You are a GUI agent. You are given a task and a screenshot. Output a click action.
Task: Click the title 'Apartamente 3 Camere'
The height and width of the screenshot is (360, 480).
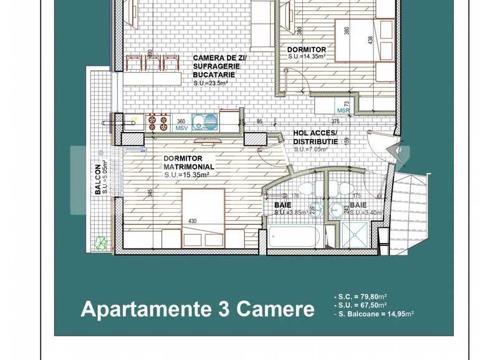coord(197,309)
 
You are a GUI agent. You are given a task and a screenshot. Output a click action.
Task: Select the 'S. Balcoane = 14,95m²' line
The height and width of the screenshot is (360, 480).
coord(374,314)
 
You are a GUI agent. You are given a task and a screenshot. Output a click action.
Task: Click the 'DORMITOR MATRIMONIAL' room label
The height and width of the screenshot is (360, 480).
coord(189,163)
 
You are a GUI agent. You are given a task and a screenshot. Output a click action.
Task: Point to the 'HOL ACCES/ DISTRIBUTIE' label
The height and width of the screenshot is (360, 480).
coord(315,137)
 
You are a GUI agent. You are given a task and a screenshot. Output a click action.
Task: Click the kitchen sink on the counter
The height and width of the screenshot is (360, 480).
coord(204,121)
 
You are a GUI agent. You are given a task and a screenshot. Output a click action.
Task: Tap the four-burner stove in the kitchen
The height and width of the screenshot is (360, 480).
coord(157,121)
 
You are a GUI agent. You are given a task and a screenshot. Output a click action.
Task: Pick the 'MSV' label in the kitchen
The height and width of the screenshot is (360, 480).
coord(181,128)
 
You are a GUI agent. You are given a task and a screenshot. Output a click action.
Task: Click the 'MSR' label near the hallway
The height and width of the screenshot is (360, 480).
coord(343,110)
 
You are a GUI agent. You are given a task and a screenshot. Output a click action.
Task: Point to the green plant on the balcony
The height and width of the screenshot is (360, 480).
coord(99,242)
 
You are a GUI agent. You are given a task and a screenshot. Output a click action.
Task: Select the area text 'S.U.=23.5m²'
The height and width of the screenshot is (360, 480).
coord(210,83)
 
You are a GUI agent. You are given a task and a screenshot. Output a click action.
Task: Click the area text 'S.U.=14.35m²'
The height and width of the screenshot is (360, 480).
coord(308,56)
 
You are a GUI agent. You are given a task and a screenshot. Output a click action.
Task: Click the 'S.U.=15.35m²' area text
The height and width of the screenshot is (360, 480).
coord(186,175)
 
